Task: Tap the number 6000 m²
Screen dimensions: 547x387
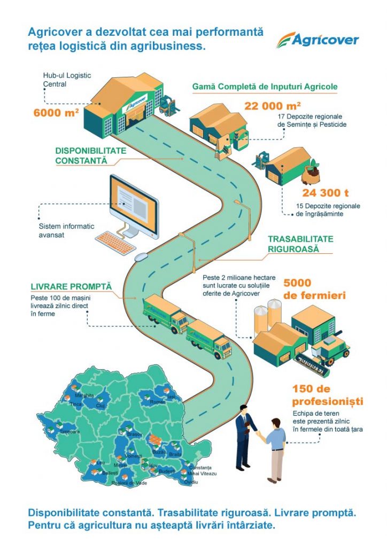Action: click(56, 113)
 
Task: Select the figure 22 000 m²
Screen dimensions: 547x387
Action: click(273, 106)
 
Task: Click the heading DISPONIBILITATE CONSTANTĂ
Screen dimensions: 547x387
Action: click(90, 155)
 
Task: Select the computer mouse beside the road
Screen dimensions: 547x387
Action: click(141, 257)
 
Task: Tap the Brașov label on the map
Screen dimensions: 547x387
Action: click(135, 434)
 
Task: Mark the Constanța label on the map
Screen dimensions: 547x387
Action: click(201, 468)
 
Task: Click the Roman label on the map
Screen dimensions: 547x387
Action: click(158, 402)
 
